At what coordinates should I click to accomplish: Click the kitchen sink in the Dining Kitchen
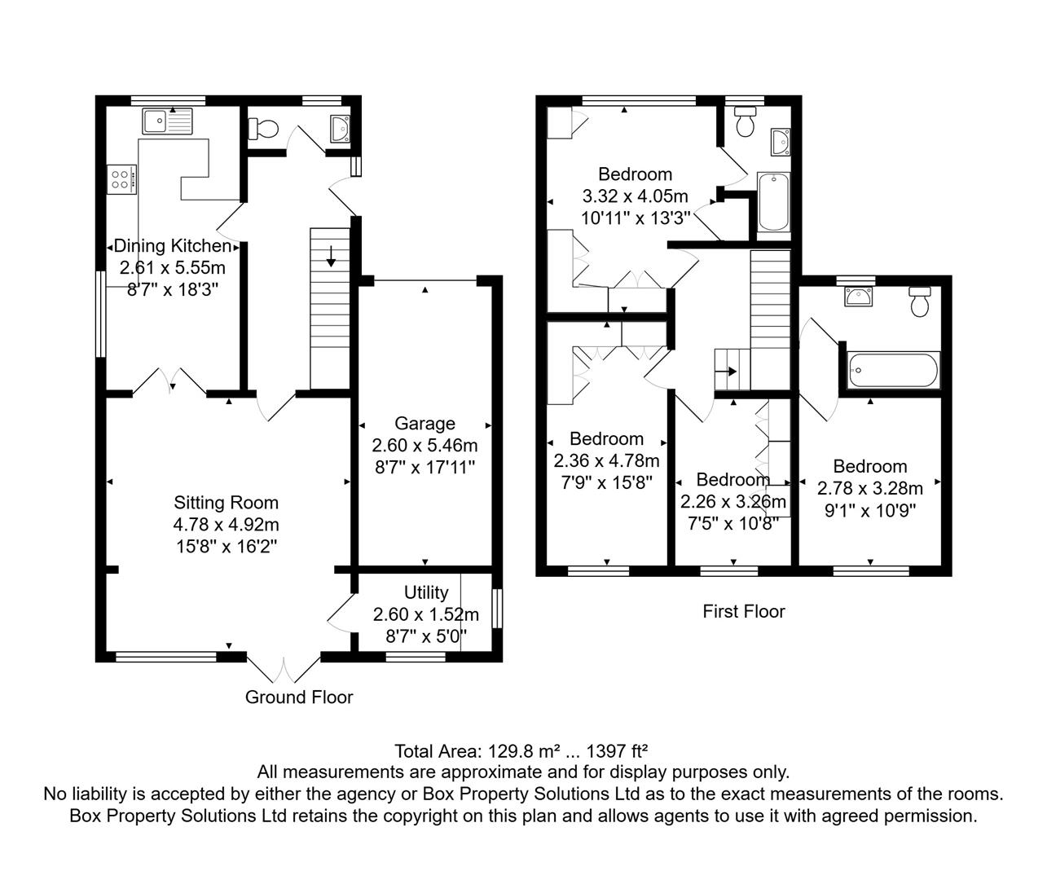tap(168, 121)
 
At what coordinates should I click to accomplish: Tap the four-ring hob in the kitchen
tap(121, 178)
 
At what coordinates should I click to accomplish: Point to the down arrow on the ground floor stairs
tap(331, 258)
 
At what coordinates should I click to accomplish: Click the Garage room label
tap(425, 424)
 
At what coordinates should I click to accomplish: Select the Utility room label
tap(426, 592)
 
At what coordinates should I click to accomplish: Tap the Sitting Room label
tap(226, 503)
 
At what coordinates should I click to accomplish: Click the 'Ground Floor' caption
tap(299, 697)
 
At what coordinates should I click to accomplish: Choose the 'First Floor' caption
tap(743, 611)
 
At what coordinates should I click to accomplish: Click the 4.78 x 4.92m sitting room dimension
tap(226, 525)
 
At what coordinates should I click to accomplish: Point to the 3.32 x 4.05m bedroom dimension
tap(635, 196)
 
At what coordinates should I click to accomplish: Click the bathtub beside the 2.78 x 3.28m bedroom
tap(893, 370)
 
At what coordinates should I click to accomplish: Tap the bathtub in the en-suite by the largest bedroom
tap(773, 201)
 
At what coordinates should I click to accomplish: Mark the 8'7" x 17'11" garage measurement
tap(425, 468)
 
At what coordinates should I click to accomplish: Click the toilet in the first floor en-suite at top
tap(744, 123)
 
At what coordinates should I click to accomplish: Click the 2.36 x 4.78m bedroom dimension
tap(606, 460)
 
